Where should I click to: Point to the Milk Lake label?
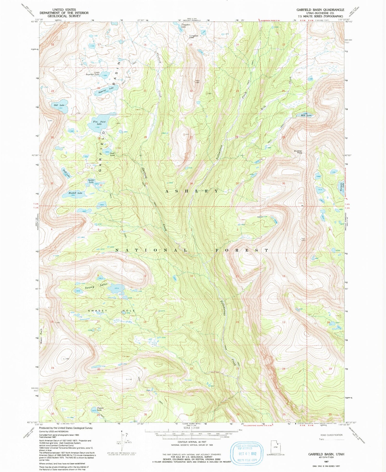(x=306, y=115)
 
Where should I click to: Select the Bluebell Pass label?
(x=298, y=152)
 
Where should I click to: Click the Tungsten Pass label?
(x=194, y=37)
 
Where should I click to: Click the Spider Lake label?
(x=91, y=181)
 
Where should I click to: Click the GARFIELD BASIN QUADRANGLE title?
(x=320, y=10)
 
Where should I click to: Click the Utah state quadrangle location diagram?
(x=276, y=447)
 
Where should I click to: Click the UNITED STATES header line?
(x=64, y=10)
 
